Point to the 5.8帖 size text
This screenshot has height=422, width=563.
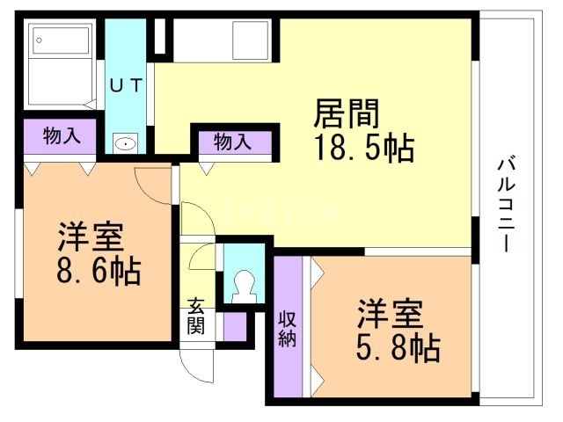click(x=398, y=349)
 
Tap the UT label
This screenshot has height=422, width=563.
click(x=133, y=85)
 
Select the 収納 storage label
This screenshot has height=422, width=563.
click(x=287, y=328)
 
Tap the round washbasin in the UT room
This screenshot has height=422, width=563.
click(x=126, y=144)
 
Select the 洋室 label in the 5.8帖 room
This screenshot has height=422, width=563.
click(x=390, y=315)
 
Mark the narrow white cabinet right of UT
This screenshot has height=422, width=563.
click(x=159, y=36)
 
